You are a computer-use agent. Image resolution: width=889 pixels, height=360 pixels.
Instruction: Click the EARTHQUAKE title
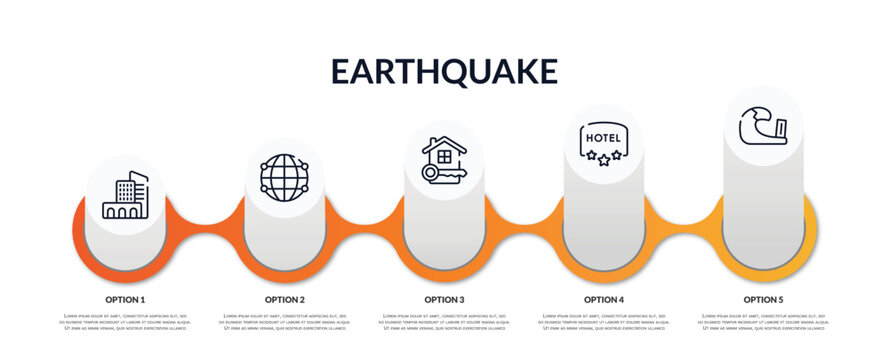[x=444, y=71]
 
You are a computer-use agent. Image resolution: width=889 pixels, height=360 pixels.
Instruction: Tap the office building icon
[x=125, y=196]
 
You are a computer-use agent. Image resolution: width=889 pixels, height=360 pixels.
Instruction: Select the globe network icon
[x=284, y=178]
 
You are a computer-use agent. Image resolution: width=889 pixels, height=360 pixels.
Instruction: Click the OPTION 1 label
[x=125, y=299]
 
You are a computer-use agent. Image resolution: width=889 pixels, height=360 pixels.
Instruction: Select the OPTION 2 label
[x=285, y=299]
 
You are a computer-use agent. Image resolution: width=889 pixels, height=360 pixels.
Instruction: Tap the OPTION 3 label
[x=444, y=299]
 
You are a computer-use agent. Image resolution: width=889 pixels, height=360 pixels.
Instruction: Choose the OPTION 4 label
[x=604, y=299]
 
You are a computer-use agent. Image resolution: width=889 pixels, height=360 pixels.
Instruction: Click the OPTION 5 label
[x=763, y=299]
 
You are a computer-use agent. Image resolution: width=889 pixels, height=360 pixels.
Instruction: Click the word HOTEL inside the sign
[x=603, y=137]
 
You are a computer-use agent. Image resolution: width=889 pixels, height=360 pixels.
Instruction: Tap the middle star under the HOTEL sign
[x=603, y=158]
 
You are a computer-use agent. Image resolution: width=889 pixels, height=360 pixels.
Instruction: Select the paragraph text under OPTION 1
[x=125, y=322]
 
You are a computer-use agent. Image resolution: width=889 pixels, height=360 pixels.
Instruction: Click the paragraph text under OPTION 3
[x=444, y=322]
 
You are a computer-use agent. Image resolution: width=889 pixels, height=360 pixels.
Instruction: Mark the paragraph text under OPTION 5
[x=763, y=322]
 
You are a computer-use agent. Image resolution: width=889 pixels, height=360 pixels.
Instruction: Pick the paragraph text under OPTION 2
[x=285, y=322]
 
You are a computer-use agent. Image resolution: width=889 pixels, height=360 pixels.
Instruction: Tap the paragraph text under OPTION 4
[x=604, y=322]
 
